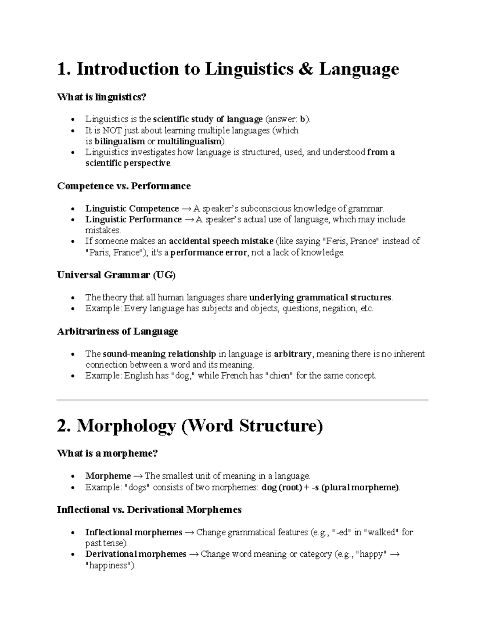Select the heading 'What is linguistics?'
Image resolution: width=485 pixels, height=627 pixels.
click(101, 97)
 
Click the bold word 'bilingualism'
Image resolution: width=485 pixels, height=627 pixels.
click(119, 141)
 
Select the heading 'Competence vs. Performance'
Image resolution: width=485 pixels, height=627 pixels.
click(124, 186)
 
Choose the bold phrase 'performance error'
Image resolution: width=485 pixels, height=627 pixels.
click(209, 253)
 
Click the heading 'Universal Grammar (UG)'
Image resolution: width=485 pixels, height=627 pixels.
click(116, 275)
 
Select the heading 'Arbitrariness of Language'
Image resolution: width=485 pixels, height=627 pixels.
click(117, 331)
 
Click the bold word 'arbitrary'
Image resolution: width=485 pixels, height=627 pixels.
click(293, 354)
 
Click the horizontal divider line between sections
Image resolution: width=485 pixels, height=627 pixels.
click(242, 400)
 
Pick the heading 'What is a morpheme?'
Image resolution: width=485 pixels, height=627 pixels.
click(107, 453)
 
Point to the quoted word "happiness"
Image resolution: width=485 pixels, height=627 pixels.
click(110, 566)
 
